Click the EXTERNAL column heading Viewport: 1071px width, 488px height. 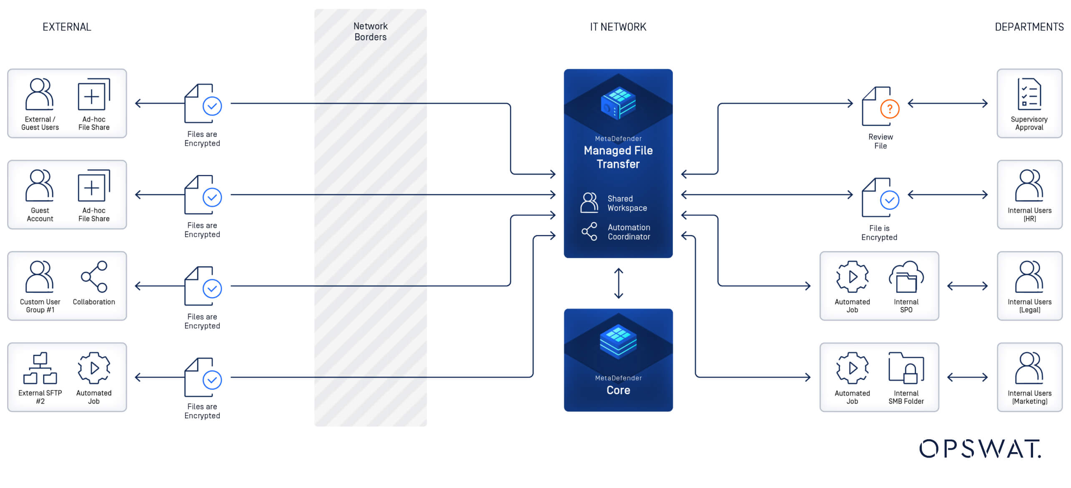click(67, 27)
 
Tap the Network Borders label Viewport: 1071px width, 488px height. click(370, 32)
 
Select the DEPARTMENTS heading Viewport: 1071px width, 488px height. click(1029, 27)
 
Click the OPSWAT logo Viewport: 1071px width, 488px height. click(980, 449)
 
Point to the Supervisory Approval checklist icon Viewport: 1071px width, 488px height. click(1029, 94)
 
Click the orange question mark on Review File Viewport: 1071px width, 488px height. click(890, 109)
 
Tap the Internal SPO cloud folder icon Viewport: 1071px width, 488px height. click(906, 277)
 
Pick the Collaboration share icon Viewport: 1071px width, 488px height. click(94, 277)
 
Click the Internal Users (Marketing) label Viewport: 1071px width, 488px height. click(1029, 397)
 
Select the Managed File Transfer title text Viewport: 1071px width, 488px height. click(618, 157)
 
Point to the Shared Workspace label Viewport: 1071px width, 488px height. click(627, 204)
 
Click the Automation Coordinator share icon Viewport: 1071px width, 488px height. click(589, 231)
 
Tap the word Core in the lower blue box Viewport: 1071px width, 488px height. click(618, 390)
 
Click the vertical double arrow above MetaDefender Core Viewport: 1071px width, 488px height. click(619, 283)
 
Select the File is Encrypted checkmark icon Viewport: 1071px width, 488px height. click(889, 200)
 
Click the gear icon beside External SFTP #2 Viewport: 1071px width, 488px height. click(94, 368)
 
